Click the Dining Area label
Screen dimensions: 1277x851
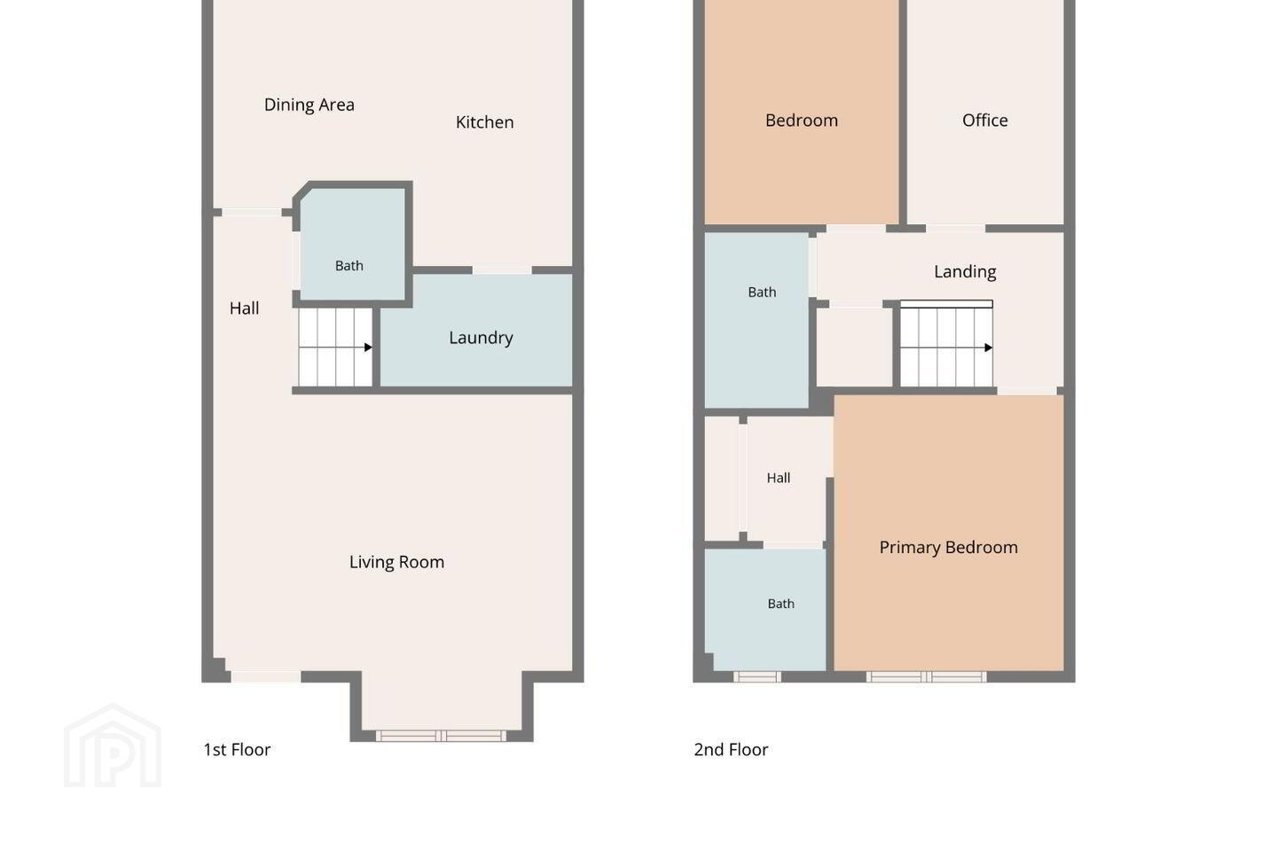coord(309,105)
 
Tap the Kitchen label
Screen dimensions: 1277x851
coord(484,122)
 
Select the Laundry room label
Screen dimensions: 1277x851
coord(481,338)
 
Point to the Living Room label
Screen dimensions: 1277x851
coord(396,562)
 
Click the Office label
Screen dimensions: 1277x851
coord(984,121)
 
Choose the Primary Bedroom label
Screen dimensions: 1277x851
coord(948,547)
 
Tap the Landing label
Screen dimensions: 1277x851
coord(965,272)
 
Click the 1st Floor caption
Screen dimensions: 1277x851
coord(237,750)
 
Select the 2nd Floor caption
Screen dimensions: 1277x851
coord(731,750)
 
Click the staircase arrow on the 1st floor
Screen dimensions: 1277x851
coord(335,347)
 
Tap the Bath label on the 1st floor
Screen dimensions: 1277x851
coord(349,266)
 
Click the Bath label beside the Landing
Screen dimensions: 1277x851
coord(762,293)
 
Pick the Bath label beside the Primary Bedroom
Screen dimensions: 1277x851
coord(780,604)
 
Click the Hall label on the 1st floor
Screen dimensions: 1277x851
coord(244,308)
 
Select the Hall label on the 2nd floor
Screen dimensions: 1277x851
coord(779,478)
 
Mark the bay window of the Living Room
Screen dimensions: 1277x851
coord(441,736)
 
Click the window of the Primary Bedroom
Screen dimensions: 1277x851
coord(927,677)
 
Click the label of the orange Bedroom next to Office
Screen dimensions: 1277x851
coord(801,121)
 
